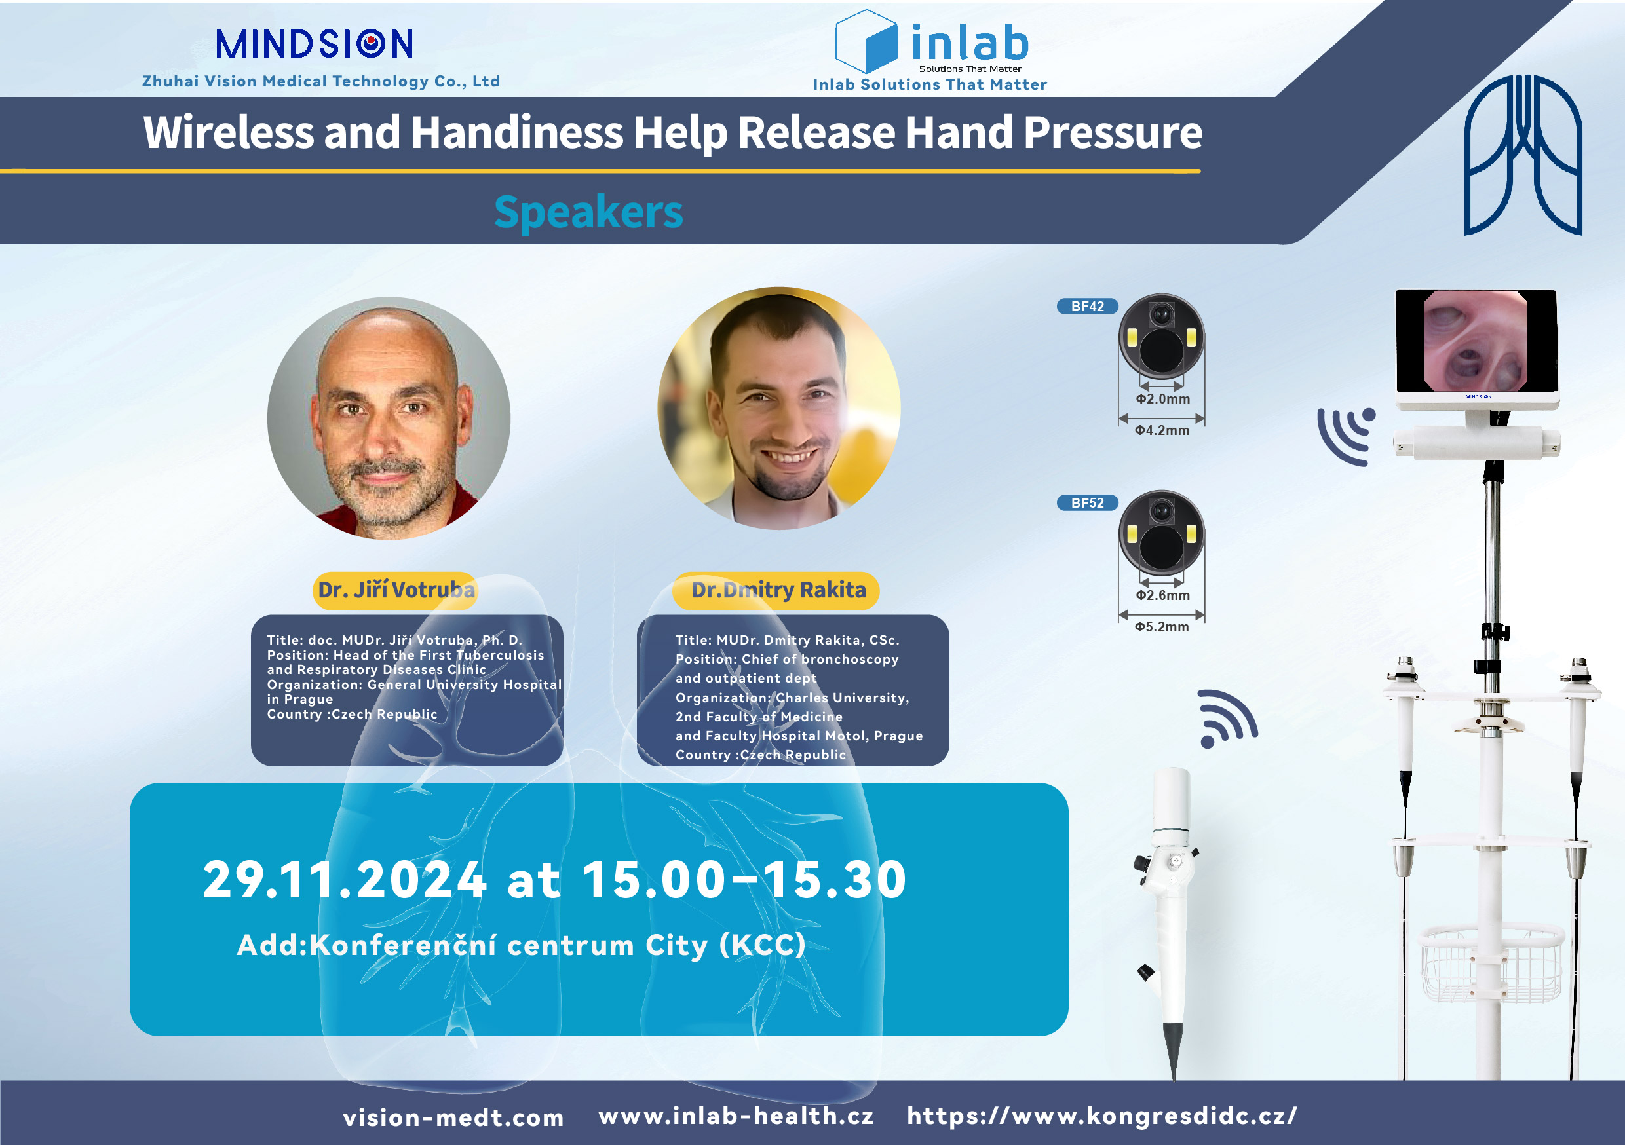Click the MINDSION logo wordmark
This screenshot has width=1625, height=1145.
pyautogui.click(x=315, y=44)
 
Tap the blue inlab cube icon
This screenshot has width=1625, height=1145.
pyautogui.click(x=867, y=41)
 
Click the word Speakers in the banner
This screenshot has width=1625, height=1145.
pyautogui.click(x=588, y=212)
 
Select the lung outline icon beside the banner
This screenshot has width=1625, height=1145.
pyautogui.click(x=1522, y=155)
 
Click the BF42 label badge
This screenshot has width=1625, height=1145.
pyautogui.click(x=1087, y=307)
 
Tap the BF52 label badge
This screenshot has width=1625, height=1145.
pyautogui.click(x=1087, y=503)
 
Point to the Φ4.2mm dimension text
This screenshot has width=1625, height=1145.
pyautogui.click(x=1162, y=430)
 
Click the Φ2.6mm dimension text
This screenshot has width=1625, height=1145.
pyautogui.click(x=1163, y=596)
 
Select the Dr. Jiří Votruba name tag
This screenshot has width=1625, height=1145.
pyautogui.click(x=396, y=590)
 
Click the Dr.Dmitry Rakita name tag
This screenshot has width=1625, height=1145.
pyautogui.click(x=776, y=590)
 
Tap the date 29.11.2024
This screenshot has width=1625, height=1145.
pyautogui.click(x=345, y=880)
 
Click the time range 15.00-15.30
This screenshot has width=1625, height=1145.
pyautogui.click(x=744, y=880)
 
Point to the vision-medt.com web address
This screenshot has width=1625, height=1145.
pyautogui.click(x=453, y=1117)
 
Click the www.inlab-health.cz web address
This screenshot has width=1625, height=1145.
pyautogui.click(x=736, y=1116)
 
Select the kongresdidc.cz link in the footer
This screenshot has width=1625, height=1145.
pyautogui.click(x=1103, y=1116)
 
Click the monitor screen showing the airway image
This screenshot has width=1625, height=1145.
pyautogui.click(x=1476, y=341)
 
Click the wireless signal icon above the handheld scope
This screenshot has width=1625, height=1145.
pyautogui.click(x=1227, y=719)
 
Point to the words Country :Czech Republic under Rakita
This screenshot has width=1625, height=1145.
pyautogui.click(x=760, y=755)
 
